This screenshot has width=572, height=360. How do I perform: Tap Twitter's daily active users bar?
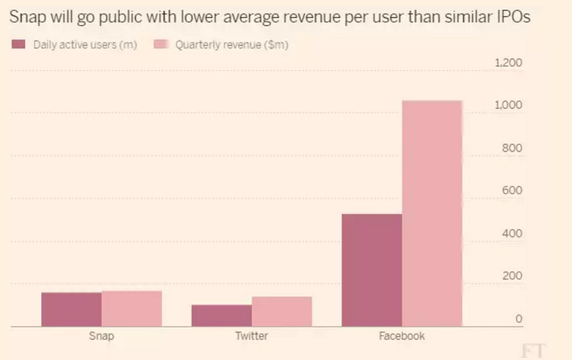222,316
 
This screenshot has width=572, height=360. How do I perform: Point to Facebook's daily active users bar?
372,270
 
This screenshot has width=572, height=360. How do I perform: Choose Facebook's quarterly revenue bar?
432,213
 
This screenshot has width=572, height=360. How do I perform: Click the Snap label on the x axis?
101,336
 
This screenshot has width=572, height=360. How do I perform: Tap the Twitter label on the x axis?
251,336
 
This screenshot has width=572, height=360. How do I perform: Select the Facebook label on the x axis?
402,336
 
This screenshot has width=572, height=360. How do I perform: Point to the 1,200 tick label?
508,62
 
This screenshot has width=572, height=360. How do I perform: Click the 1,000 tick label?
508,105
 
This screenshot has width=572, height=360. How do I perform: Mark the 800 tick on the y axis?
512,148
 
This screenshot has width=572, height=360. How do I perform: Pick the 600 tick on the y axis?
512,191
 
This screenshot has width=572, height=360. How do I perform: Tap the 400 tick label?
512,233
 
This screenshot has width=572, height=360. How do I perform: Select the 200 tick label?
512,276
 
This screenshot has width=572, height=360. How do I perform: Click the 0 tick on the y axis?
518,319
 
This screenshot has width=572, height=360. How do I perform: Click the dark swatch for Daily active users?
18,44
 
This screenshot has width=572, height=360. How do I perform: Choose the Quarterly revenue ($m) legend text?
231,45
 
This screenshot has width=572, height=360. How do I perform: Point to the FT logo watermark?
533,351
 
